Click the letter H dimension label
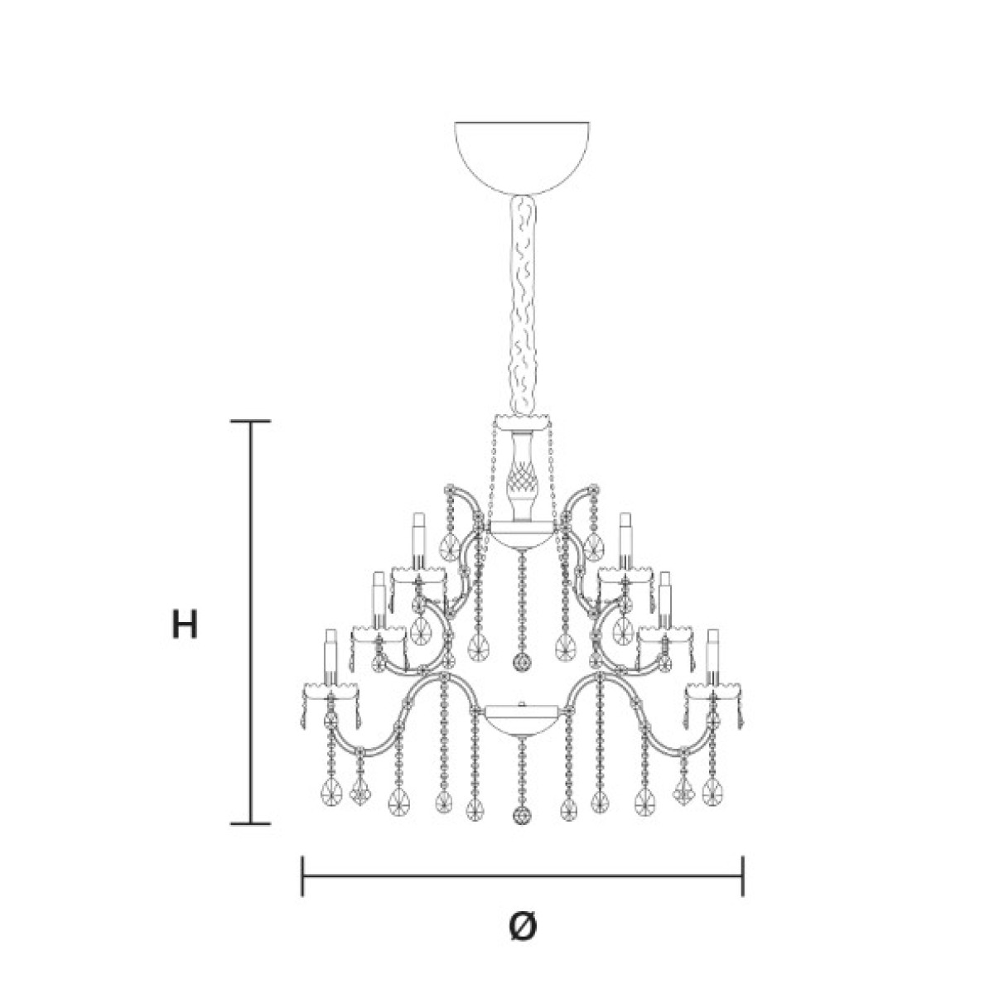point(184,624)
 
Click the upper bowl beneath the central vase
point(522,534)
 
